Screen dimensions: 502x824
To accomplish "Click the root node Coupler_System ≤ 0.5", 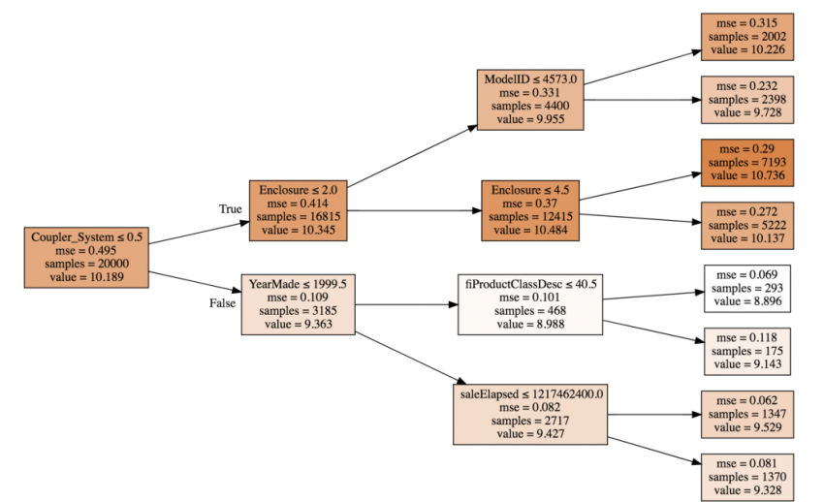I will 86,258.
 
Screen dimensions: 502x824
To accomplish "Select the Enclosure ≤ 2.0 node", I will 297,209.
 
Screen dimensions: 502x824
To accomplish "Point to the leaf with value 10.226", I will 747,38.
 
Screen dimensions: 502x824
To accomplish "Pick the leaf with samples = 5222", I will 747,226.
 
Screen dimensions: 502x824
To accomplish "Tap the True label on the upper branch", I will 231,208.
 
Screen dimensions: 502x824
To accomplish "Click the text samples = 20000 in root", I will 86,265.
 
